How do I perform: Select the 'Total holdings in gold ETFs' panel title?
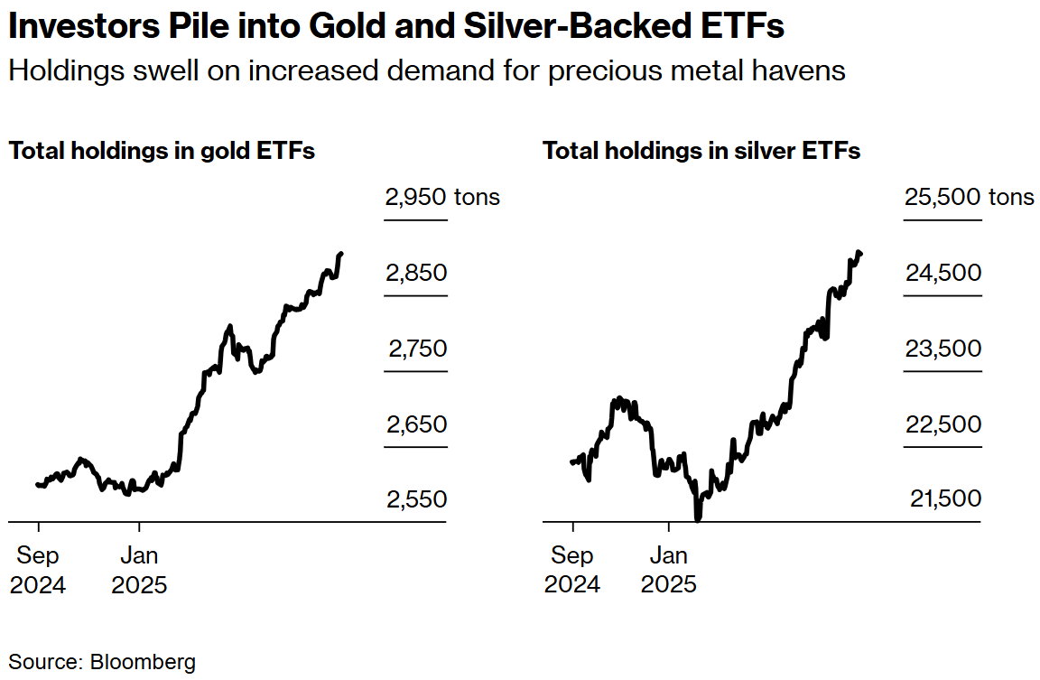[162, 151]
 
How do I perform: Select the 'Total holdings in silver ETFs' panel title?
[701, 151]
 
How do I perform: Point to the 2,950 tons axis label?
[442, 197]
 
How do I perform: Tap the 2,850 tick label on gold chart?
[416, 273]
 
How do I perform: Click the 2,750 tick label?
[418, 349]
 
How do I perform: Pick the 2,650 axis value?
[417, 424]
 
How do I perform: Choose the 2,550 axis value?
[417, 499]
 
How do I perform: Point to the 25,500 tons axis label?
[970, 197]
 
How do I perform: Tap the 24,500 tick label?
[943, 273]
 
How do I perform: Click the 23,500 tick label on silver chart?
[943, 349]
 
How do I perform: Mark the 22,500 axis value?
[943, 424]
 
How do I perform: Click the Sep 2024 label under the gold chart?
[38, 569]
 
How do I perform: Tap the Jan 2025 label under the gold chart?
[139, 569]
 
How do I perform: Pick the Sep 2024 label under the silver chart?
[572, 569]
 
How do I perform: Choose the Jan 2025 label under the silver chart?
[669, 569]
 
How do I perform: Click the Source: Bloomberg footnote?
[102, 662]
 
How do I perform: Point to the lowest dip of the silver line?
[698, 517]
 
